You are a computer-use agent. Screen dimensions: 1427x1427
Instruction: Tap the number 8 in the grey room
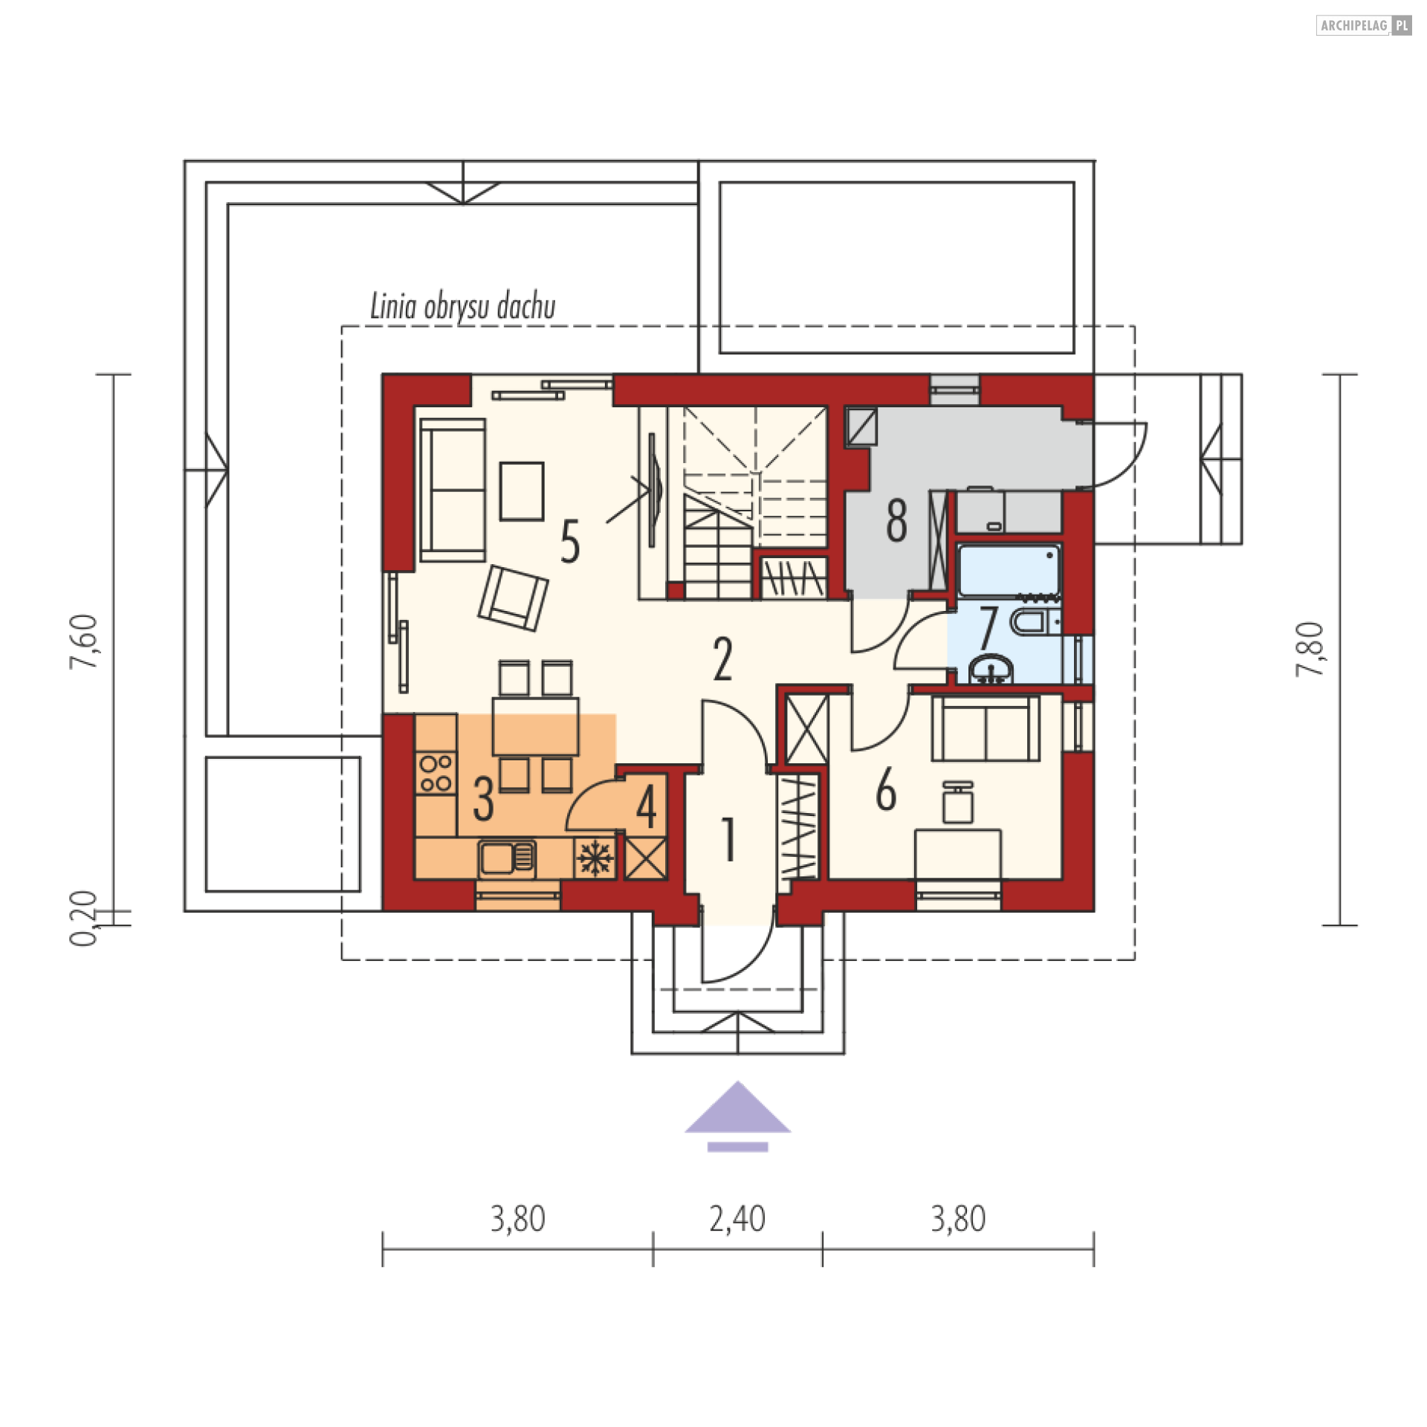click(x=897, y=520)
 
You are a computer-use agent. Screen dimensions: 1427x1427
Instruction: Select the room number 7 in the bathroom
click(x=988, y=627)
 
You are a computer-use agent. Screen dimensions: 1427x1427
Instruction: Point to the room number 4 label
click(x=647, y=807)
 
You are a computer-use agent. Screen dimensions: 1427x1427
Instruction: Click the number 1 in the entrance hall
click(x=729, y=840)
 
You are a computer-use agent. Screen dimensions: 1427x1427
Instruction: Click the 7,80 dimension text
click(x=1310, y=650)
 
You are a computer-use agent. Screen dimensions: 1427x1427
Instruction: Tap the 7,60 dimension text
click(x=83, y=642)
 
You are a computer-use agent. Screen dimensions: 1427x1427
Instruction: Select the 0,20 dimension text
click(x=83, y=919)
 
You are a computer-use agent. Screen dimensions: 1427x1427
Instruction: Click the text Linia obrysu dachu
click(x=463, y=307)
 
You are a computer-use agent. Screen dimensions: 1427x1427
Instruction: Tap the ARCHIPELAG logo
click(x=1364, y=25)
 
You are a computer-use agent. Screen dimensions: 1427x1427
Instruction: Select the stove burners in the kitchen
click(x=436, y=772)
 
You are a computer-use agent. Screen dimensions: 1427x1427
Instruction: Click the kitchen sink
click(x=507, y=858)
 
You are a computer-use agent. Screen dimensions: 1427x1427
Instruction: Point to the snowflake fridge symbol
click(x=595, y=859)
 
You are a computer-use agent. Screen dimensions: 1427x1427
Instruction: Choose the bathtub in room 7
click(x=1009, y=571)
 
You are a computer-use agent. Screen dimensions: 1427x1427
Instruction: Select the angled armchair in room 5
click(x=513, y=598)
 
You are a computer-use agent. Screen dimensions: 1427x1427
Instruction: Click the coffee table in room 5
click(x=522, y=491)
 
